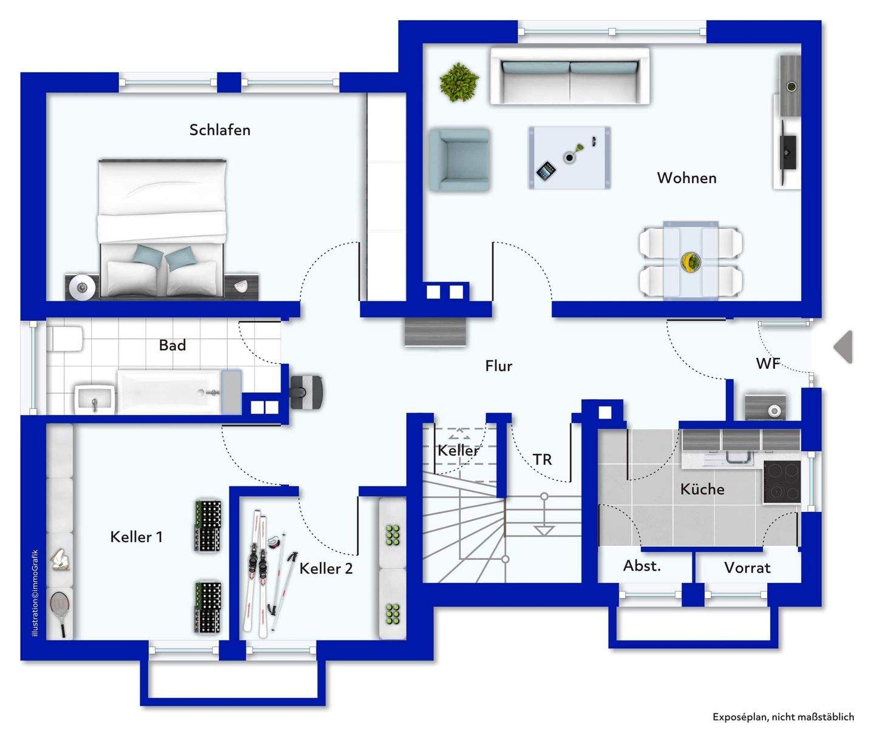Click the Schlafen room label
[220, 130]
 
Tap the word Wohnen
[686, 178]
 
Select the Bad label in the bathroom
[172, 345]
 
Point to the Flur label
[498, 366]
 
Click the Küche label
[702, 489]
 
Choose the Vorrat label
[747, 568]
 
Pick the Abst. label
[642, 566]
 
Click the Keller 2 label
[326, 568]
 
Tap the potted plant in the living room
[459, 81]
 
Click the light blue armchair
[459, 159]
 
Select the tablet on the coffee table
[546, 170]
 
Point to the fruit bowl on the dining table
[691, 261]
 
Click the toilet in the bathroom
[67, 339]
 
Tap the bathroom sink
[95, 399]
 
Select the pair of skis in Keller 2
[259, 573]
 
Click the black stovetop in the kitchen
[782, 482]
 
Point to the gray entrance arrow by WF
[844, 347]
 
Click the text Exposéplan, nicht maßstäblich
[783, 717]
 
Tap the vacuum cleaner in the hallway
[307, 391]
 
